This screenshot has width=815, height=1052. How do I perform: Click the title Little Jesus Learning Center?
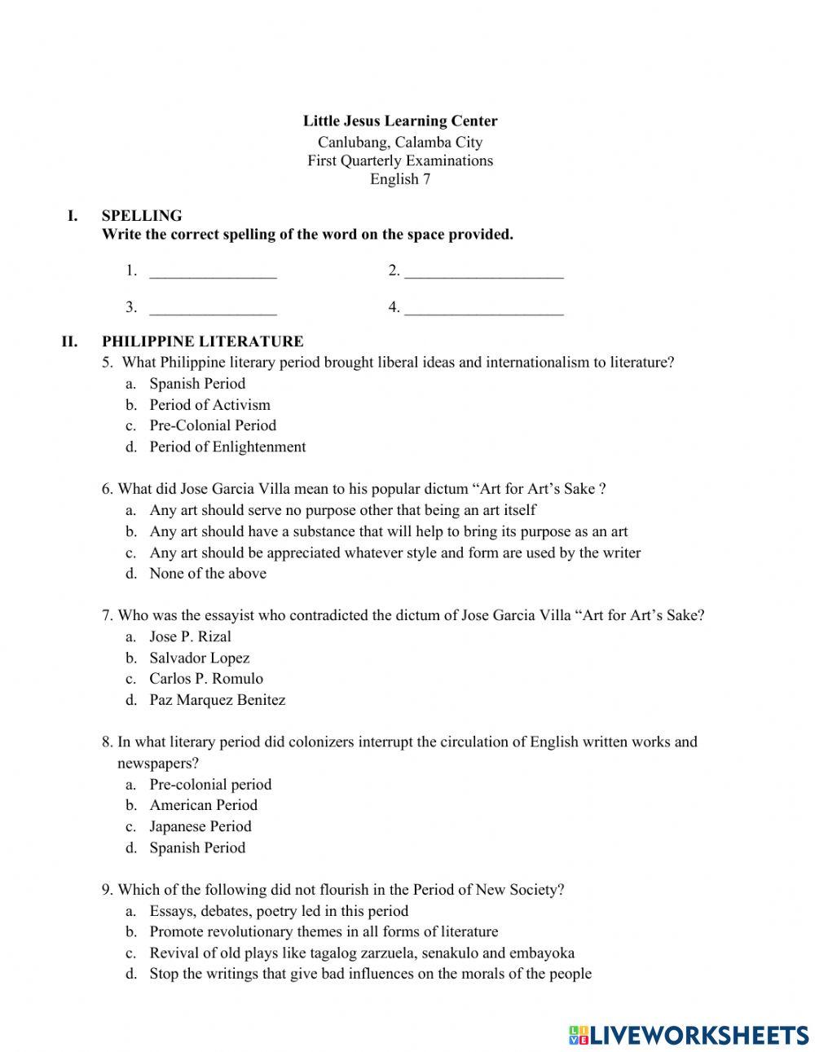tap(399, 121)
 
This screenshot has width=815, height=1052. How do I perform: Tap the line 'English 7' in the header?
tap(399, 179)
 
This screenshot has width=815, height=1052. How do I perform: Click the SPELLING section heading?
tap(142, 216)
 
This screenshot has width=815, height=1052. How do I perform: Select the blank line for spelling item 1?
tap(213, 272)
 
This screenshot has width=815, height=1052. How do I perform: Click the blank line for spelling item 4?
tap(483, 309)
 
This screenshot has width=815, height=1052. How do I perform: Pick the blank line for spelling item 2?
tap(483, 272)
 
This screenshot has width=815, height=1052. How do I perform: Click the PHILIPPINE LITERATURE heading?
tap(202, 341)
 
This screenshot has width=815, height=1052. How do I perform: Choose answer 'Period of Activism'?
tap(209, 405)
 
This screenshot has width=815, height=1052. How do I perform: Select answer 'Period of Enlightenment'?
tap(227, 447)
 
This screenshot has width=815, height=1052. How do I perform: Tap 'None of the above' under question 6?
tap(208, 574)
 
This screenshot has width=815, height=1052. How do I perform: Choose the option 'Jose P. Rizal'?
tap(190, 637)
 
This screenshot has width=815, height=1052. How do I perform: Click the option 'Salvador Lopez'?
tap(199, 658)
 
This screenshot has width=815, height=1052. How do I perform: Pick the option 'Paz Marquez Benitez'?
tap(217, 700)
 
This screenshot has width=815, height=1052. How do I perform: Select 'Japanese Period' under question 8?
tap(200, 826)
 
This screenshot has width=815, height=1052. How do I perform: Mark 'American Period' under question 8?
tap(203, 805)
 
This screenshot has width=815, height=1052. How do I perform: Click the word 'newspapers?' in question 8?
tap(158, 764)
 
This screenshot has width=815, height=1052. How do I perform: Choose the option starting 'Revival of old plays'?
tap(361, 953)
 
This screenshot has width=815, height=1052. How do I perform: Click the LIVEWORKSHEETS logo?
tap(688, 1035)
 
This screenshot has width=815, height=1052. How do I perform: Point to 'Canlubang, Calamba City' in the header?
tap(399, 142)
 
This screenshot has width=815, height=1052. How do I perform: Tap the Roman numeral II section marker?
tap(69, 341)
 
